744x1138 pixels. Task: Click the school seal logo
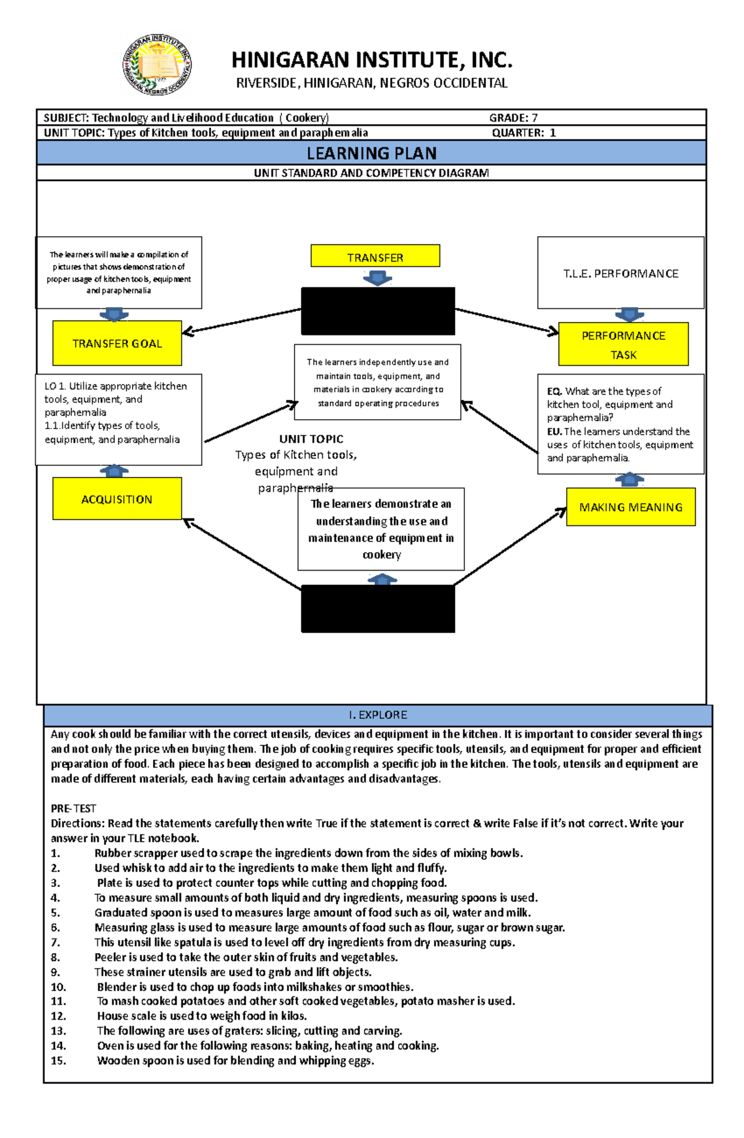[x=157, y=65]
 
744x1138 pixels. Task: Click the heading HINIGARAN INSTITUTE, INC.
[x=372, y=60]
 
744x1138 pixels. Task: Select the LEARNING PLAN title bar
[x=371, y=153]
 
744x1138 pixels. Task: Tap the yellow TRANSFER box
[x=375, y=256]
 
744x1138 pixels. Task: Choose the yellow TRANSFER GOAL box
[x=117, y=343]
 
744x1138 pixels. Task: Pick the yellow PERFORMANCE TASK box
[x=623, y=344]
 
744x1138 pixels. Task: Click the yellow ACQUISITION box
[x=117, y=499]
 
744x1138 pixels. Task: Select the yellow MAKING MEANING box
[x=631, y=507]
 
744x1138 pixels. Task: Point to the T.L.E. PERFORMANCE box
[x=621, y=273]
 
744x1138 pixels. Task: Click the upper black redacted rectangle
[x=378, y=311]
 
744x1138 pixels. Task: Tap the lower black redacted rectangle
[x=378, y=609]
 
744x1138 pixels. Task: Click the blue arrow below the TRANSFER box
[x=377, y=278]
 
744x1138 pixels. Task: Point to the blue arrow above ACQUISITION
[x=114, y=471]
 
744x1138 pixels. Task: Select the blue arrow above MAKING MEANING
[x=630, y=479]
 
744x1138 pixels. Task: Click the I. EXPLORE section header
[x=378, y=715]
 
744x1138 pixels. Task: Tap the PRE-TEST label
[x=74, y=809]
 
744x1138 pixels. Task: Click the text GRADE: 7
[x=513, y=118]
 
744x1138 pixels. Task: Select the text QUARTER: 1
[x=524, y=133]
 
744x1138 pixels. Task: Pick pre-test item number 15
[x=236, y=1060]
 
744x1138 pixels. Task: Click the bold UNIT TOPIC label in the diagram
[x=311, y=439]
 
